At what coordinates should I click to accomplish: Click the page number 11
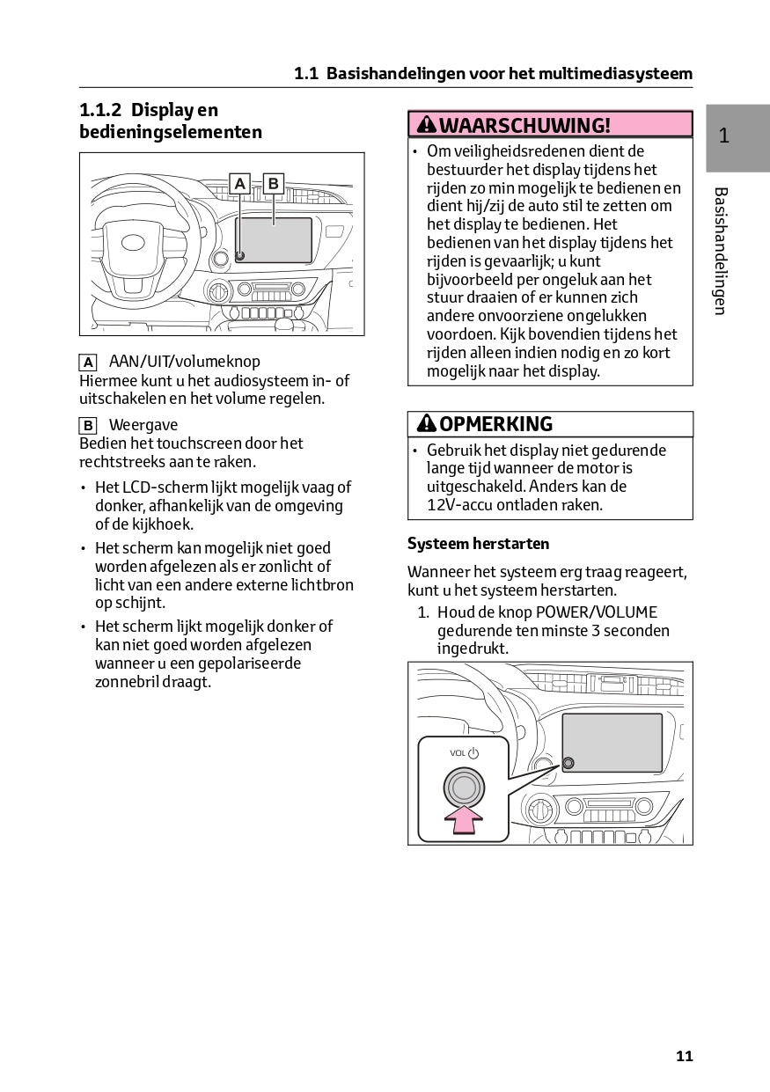[685, 1056]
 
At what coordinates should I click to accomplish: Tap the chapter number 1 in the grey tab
[723, 136]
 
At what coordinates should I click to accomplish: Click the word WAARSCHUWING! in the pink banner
[524, 125]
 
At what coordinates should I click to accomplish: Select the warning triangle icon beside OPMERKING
[426, 424]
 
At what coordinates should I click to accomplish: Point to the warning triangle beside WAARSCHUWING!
[426, 125]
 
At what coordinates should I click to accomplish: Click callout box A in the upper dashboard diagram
[239, 184]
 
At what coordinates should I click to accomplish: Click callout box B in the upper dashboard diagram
[273, 184]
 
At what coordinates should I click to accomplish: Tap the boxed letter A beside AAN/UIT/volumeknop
[88, 362]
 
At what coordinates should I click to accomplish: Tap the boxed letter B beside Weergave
[88, 426]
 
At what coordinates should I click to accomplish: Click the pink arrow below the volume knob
[464, 820]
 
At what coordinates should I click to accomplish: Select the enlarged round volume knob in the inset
[464, 785]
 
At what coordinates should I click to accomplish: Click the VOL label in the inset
[458, 753]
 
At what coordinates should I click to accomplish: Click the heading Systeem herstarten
[478, 544]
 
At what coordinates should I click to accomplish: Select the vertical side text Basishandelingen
[720, 251]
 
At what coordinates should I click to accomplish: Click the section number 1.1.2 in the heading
[100, 111]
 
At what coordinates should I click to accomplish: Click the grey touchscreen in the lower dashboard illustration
[612, 743]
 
